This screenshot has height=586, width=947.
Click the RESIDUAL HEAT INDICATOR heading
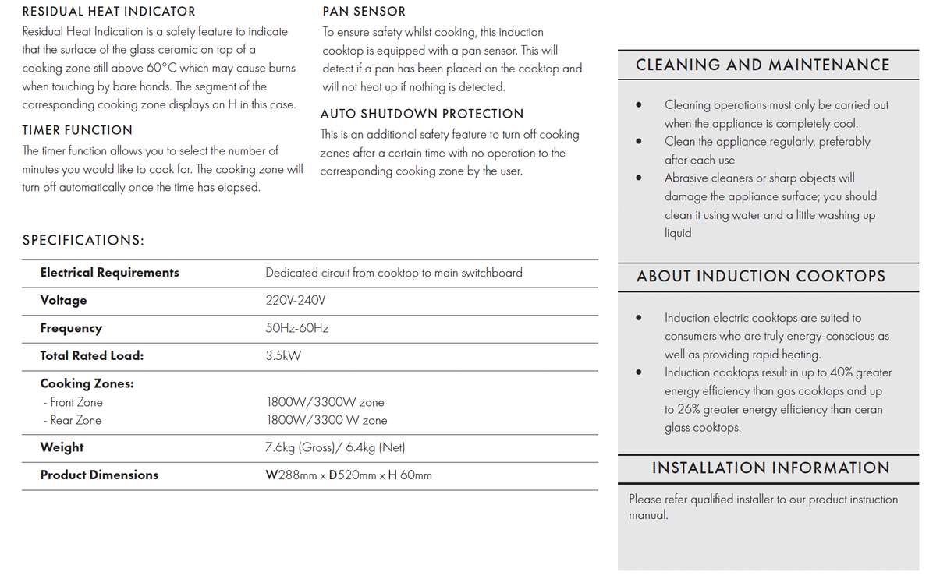click(x=108, y=12)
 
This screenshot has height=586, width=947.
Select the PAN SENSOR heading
click(x=364, y=12)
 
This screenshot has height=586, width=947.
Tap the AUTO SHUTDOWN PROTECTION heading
click(x=422, y=114)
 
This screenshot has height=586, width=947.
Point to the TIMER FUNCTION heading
click(x=77, y=130)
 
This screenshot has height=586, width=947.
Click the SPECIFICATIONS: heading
click(x=83, y=240)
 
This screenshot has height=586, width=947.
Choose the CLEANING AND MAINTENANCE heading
click(x=762, y=65)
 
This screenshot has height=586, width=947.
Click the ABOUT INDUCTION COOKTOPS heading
click(x=761, y=277)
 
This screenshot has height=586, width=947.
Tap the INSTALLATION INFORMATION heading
click(x=771, y=468)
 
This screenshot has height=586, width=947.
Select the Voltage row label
click(x=63, y=300)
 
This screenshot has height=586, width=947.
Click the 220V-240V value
click(x=295, y=300)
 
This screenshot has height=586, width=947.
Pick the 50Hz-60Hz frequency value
click(x=296, y=328)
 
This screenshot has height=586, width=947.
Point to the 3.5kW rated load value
click(x=283, y=356)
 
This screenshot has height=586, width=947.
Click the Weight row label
click(x=62, y=447)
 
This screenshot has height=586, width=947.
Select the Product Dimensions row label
click(x=99, y=475)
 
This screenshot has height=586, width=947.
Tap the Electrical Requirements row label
click(x=109, y=272)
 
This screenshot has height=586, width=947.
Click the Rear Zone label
click(x=75, y=420)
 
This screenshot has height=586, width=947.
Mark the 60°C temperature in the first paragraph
click(x=161, y=68)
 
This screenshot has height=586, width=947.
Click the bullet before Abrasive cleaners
click(x=639, y=178)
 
